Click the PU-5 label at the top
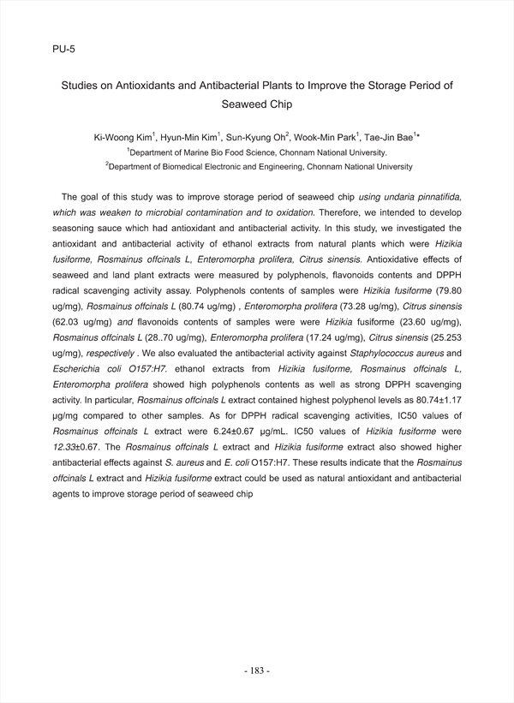click(63, 49)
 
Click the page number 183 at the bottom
click(257, 671)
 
